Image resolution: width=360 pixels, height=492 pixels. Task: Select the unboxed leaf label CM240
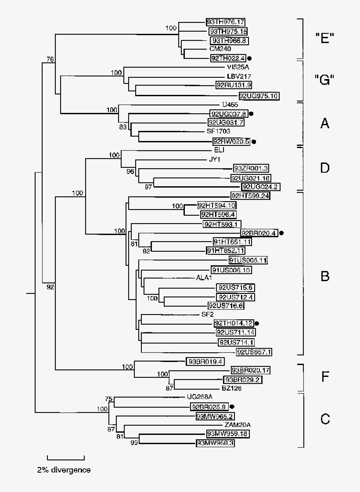219,49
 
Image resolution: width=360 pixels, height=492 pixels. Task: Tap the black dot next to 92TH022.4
249,58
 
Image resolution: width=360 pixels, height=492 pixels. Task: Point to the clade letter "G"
325,80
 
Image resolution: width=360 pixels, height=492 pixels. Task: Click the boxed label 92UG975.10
259,95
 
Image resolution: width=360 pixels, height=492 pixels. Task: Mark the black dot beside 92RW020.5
253,141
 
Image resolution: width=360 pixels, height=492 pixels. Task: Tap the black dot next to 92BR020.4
281,233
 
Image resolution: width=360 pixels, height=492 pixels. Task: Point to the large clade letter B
325,276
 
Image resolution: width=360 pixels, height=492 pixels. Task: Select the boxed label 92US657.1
254,351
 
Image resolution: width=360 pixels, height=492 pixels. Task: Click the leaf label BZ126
231,388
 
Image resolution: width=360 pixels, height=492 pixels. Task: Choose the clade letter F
325,376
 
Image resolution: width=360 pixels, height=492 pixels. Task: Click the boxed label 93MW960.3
215,444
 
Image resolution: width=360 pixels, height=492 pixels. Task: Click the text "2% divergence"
64,470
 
